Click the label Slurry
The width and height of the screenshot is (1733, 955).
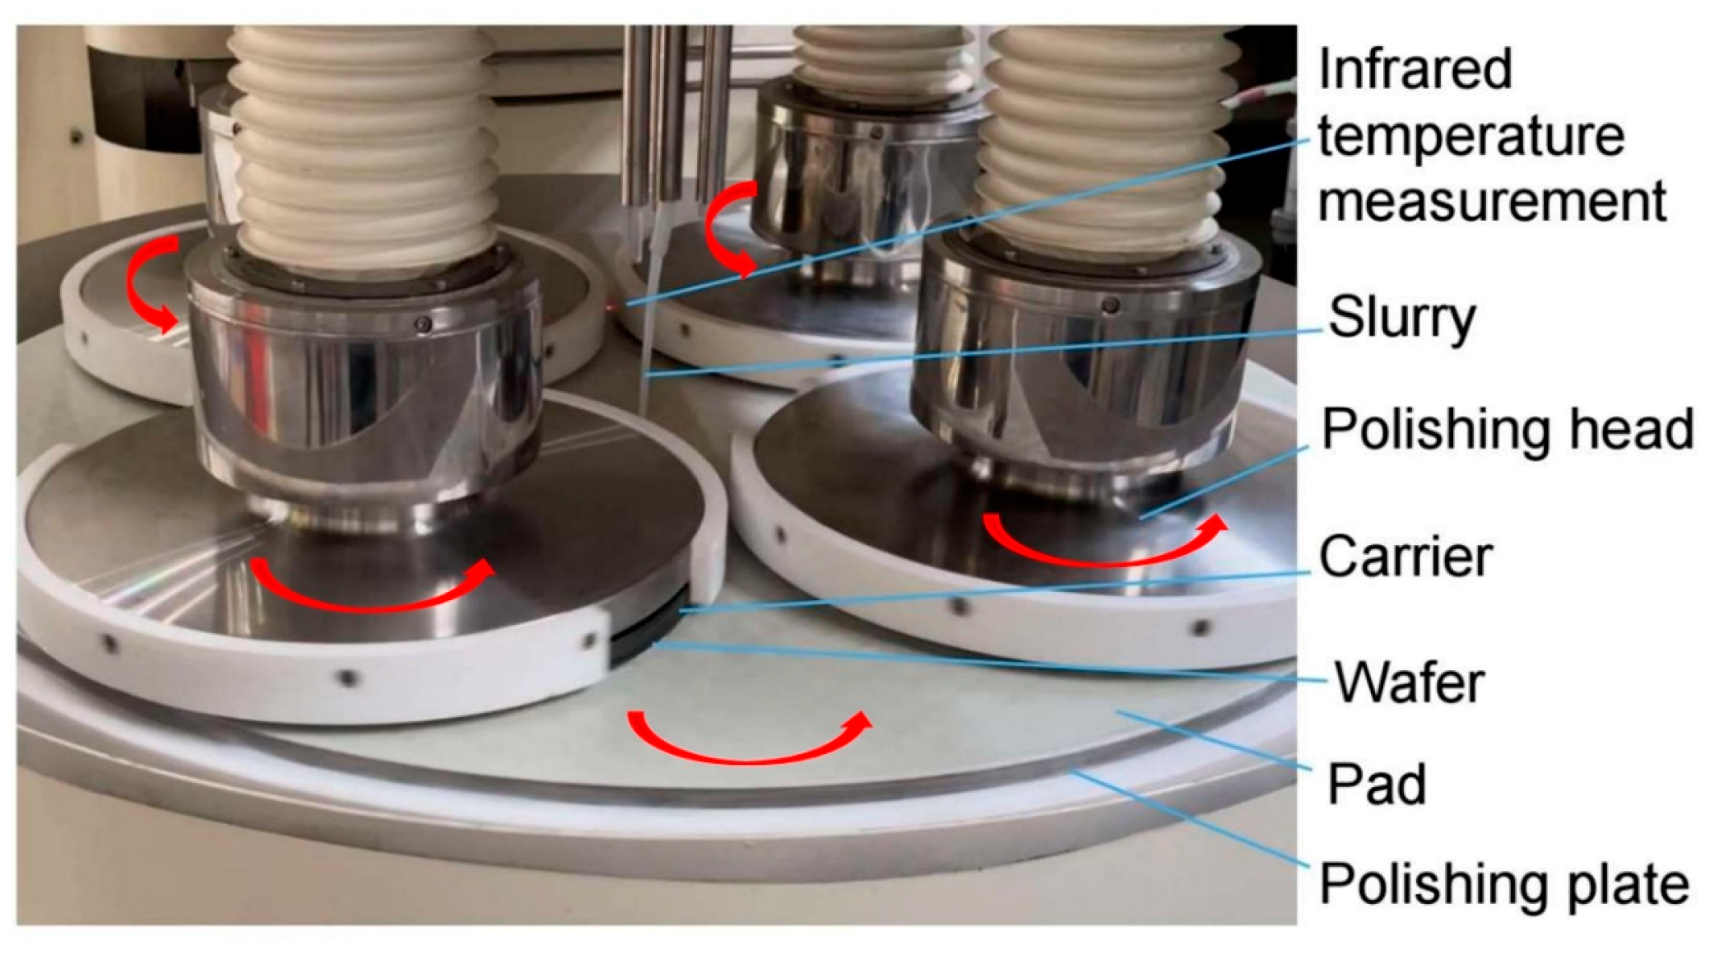[1402, 319]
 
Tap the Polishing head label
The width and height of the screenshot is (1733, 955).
[1508, 429]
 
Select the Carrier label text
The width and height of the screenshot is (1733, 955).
[1405, 557]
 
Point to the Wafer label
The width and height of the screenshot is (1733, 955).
[1410, 682]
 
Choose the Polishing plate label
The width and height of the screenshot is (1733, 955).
[1504, 884]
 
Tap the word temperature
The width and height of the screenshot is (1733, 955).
[1471, 137]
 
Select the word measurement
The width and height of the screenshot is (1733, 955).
[1492, 202]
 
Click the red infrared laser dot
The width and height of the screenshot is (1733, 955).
[610, 308]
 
